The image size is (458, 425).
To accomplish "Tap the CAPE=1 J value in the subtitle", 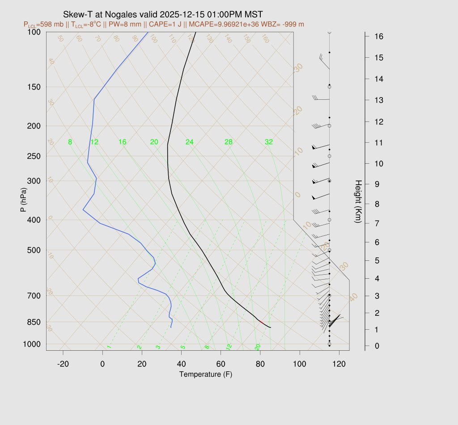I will (x=164, y=24).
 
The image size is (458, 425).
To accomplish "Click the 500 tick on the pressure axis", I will (x=34, y=250).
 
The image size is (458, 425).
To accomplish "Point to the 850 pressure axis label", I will (x=34, y=322).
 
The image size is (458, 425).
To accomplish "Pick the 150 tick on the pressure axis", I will (x=34, y=87).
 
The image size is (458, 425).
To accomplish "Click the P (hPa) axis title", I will (x=23, y=200).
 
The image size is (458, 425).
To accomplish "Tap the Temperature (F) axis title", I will (x=205, y=374).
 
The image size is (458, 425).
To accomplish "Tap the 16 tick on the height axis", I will (x=378, y=36).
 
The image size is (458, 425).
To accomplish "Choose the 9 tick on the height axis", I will (x=378, y=183).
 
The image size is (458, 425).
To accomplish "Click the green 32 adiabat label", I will (x=269, y=142).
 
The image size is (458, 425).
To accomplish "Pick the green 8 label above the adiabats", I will (x=70, y=142).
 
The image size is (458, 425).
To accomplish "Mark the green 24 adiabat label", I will (x=190, y=142).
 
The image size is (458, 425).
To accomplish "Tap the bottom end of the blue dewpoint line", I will (x=171, y=327).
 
